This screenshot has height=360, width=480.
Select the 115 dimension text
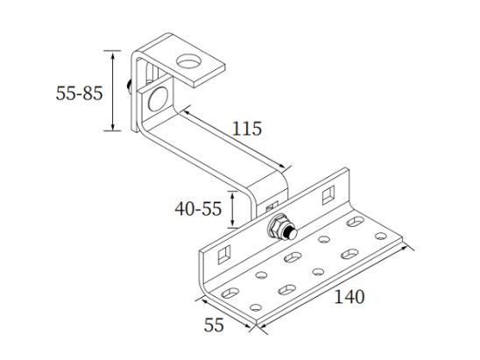(247, 129)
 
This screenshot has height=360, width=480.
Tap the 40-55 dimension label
(198, 209)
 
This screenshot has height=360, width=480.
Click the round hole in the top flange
(187, 62)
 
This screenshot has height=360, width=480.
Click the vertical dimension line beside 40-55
(231, 208)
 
